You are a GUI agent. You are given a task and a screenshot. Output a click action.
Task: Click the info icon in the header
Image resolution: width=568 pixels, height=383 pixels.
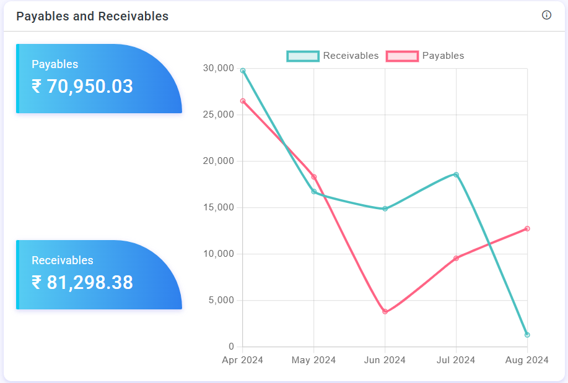(546, 15)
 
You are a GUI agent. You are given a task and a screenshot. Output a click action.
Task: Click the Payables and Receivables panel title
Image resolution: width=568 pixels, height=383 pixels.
(92, 17)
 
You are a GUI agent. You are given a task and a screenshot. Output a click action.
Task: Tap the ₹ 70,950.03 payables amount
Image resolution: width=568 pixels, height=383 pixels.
(82, 87)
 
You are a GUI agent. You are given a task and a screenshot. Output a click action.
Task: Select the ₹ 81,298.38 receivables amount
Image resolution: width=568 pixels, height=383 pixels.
(82, 283)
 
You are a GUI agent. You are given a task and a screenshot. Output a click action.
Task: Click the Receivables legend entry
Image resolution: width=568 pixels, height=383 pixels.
(333, 56)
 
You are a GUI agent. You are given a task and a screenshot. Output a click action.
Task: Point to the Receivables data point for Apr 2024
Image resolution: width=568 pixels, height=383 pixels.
(243, 71)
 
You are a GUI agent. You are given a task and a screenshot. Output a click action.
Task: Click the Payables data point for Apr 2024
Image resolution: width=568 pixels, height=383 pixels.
(243, 101)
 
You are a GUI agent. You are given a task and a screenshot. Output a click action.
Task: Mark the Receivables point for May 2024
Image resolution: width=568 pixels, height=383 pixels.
(314, 192)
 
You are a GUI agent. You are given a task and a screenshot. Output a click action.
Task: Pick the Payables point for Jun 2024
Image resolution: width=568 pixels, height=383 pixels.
(385, 312)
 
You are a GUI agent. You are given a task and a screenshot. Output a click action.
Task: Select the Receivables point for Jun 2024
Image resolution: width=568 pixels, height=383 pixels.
(385, 209)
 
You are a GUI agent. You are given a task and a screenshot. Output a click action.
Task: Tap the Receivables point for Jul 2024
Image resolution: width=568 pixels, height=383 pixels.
(457, 174)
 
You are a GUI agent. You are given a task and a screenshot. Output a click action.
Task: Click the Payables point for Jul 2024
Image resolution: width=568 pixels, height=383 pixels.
(457, 258)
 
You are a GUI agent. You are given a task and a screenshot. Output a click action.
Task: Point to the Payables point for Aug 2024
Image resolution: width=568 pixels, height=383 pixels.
(527, 228)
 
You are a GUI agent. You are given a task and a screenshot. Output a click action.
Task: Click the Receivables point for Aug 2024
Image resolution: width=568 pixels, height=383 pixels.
(527, 335)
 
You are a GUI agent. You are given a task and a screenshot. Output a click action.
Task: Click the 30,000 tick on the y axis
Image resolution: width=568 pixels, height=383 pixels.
(218, 68)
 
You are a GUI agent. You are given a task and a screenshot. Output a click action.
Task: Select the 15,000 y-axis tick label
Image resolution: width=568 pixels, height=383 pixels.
(218, 207)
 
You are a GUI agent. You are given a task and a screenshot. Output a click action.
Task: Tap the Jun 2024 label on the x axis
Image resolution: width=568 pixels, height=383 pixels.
(385, 360)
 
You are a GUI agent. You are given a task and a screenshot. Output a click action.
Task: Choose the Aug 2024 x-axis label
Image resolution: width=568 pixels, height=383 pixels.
(527, 360)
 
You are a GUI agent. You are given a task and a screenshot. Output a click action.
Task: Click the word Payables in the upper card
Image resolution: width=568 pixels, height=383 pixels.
(55, 64)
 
